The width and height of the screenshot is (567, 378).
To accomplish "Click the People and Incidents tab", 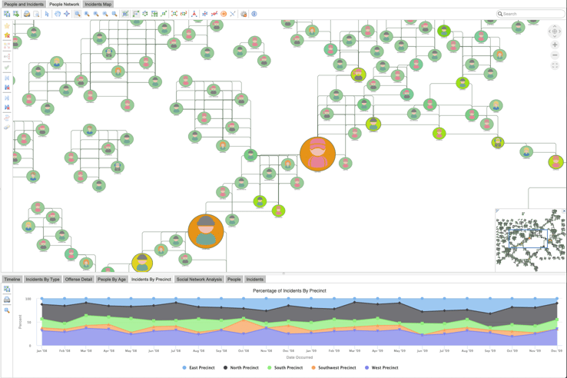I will coord(23,4).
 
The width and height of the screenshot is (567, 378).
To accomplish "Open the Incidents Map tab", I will coord(98,4).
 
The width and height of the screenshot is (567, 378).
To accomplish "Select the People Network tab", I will coord(65,4).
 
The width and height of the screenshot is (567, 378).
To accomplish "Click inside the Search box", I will coord(532,14).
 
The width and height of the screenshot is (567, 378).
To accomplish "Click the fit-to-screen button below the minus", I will coord(555,66).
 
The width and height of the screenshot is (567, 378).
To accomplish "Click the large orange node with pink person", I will coord(317,154).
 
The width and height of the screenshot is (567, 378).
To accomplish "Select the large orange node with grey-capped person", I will coord(206,231).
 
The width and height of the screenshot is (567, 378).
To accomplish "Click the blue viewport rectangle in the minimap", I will coord(529,239).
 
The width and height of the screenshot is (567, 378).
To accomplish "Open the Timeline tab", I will coord(12,280).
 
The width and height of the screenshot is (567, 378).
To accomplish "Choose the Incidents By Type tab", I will coord(42,280).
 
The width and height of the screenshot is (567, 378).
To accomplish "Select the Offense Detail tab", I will coord(78,280).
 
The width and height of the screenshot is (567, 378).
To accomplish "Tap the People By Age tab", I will coord(111,280).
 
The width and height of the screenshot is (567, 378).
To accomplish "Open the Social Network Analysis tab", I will coord(199,280).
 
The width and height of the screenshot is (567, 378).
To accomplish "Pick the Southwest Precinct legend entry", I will coord(335,368).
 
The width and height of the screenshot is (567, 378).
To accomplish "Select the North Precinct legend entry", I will coord(244,368).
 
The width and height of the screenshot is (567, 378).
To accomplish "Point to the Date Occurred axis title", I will coord(299,357).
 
